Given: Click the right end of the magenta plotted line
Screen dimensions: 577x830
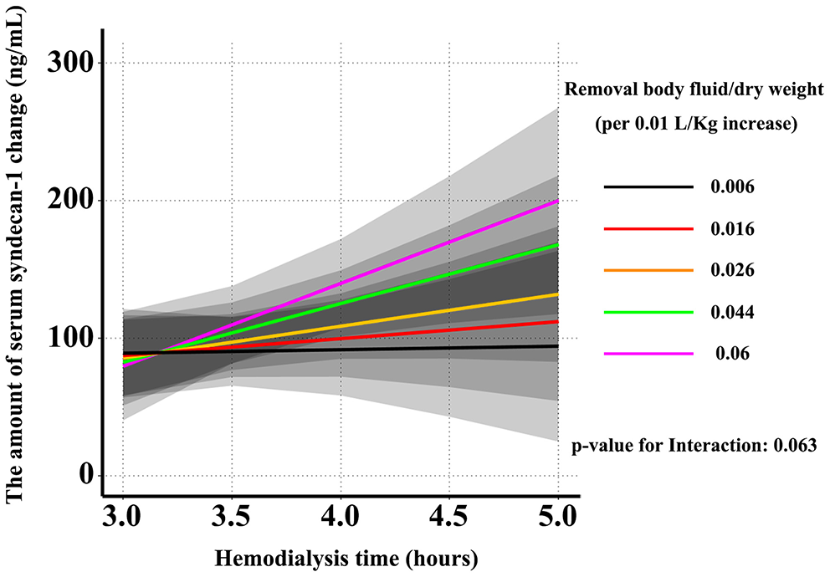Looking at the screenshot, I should pyautogui.click(x=557, y=201).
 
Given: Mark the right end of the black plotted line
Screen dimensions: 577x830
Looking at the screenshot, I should pyautogui.click(x=557, y=346).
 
